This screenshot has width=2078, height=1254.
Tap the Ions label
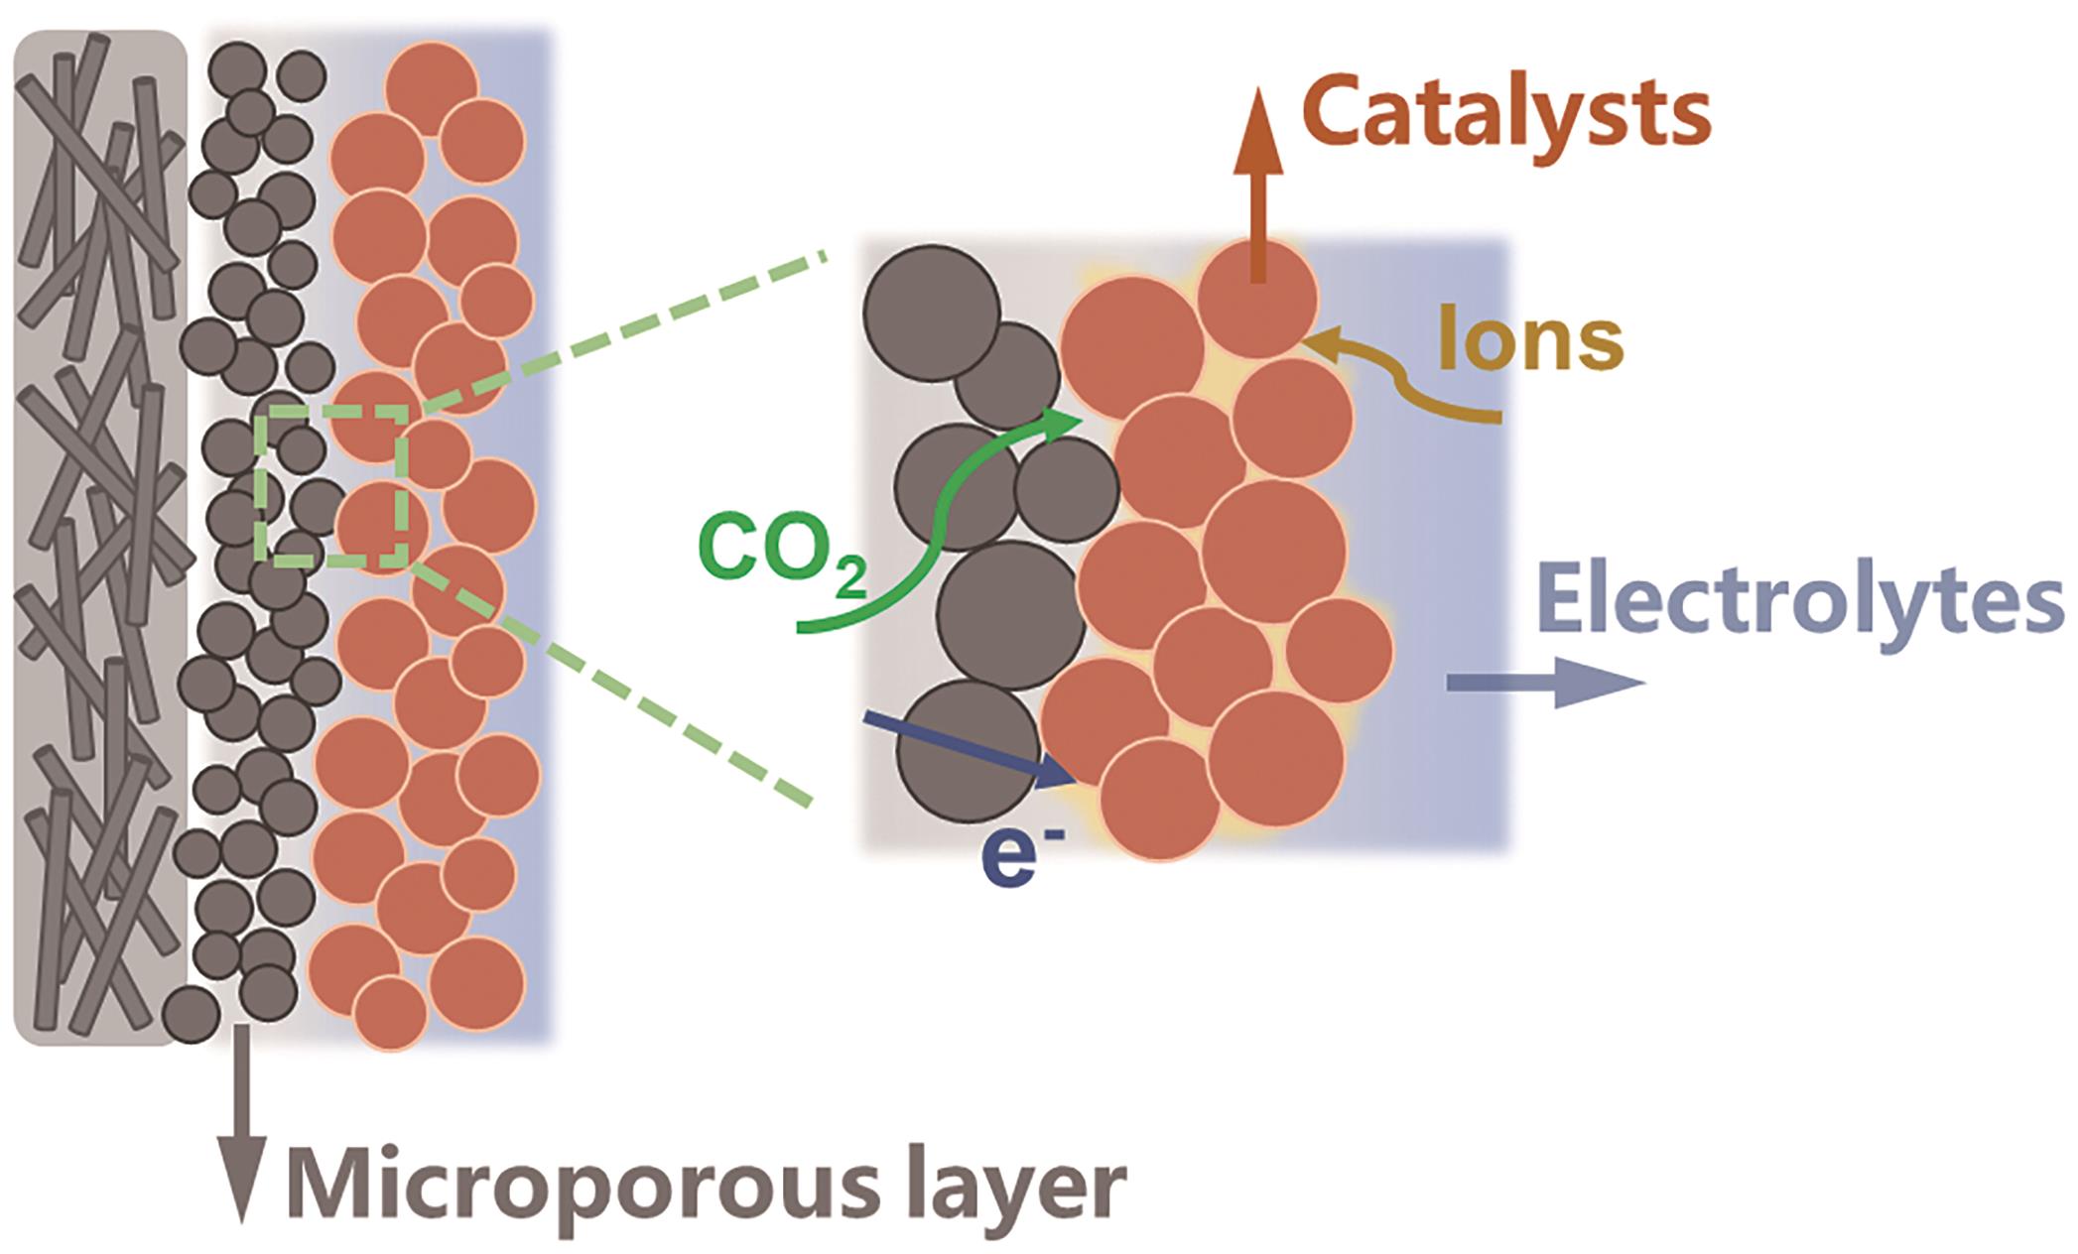pyautogui.click(x=1530, y=341)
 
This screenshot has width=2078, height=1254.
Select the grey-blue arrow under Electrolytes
pyautogui.click(x=1543, y=684)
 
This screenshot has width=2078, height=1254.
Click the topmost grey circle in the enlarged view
pyautogui.click(x=931, y=308)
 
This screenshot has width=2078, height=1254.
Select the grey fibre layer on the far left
pyautogui.click(x=99, y=536)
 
